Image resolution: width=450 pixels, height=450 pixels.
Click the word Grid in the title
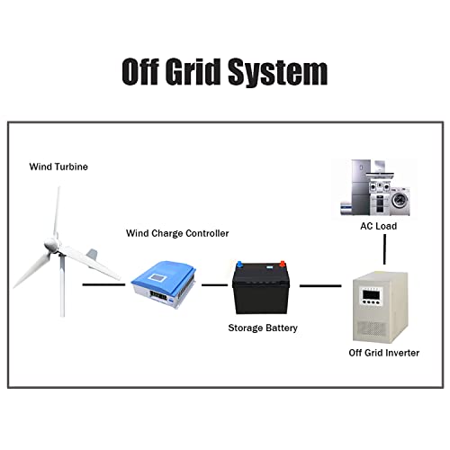[199, 71]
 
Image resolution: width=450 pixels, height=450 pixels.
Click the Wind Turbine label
[59, 166]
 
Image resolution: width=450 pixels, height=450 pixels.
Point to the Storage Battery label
[262, 327]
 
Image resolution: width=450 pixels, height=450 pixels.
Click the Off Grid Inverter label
[383, 353]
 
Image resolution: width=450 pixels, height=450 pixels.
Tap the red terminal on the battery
[283, 266]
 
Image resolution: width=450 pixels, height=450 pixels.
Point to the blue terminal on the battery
[239, 266]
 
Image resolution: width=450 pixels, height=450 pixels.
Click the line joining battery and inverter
[320, 285]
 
